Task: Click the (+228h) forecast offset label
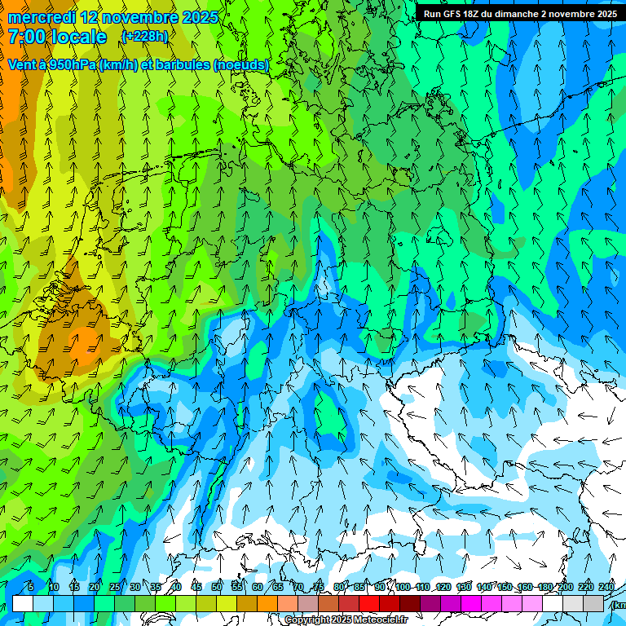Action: tap(144, 37)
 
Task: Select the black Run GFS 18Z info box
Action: tap(519, 13)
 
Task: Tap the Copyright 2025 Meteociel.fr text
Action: tap(345, 620)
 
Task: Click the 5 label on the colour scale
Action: tap(31, 587)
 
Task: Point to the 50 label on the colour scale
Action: tap(217, 587)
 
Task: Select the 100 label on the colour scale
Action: tap(403, 587)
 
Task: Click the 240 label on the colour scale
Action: tap(606, 587)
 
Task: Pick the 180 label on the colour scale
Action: tap(544, 587)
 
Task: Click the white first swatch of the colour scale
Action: tap(23, 603)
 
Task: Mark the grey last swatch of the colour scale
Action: tap(593, 603)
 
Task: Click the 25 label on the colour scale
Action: tap(115, 587)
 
